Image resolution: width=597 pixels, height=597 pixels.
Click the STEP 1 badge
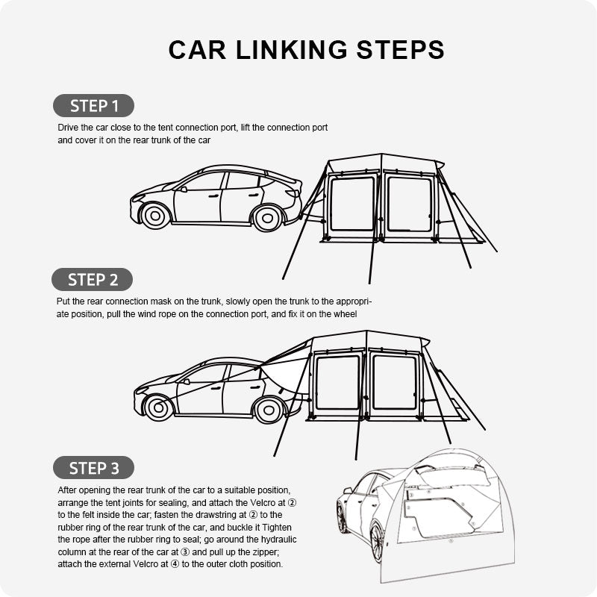[93, 105]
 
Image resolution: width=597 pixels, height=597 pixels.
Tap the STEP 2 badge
[92, 280]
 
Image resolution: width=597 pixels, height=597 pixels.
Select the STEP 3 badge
[93, 468]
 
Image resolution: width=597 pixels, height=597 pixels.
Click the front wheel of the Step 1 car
[155, 216]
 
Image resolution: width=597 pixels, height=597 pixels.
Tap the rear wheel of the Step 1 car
[266, 217]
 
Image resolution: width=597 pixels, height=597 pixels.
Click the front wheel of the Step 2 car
[157, 407]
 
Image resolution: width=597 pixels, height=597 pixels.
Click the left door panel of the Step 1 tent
[352, 204]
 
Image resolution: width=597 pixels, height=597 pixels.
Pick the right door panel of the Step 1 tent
[409, 204]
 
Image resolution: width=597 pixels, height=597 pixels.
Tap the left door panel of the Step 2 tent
[337, 382]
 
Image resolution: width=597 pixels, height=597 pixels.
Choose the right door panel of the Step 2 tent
[394, 382]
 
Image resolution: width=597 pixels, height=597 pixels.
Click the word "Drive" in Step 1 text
[69, 128]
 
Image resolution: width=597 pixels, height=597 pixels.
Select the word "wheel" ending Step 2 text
[345, 314]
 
